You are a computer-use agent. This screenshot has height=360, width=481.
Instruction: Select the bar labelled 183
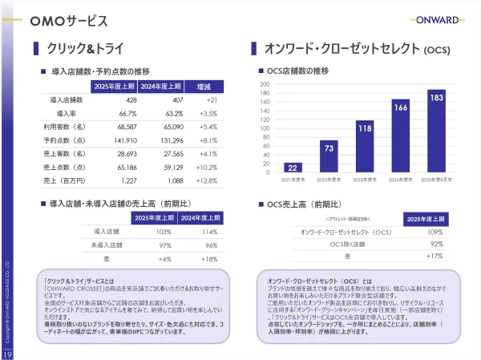[436, 131]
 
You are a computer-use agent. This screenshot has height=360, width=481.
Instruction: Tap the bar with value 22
[293, 168]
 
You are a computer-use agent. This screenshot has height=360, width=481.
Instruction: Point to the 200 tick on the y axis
[265, 84]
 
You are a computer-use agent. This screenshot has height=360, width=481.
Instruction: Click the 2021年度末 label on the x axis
[293, 180]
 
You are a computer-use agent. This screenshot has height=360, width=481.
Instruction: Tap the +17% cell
[435, 256]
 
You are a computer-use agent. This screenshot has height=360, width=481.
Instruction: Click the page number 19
[6, 354]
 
